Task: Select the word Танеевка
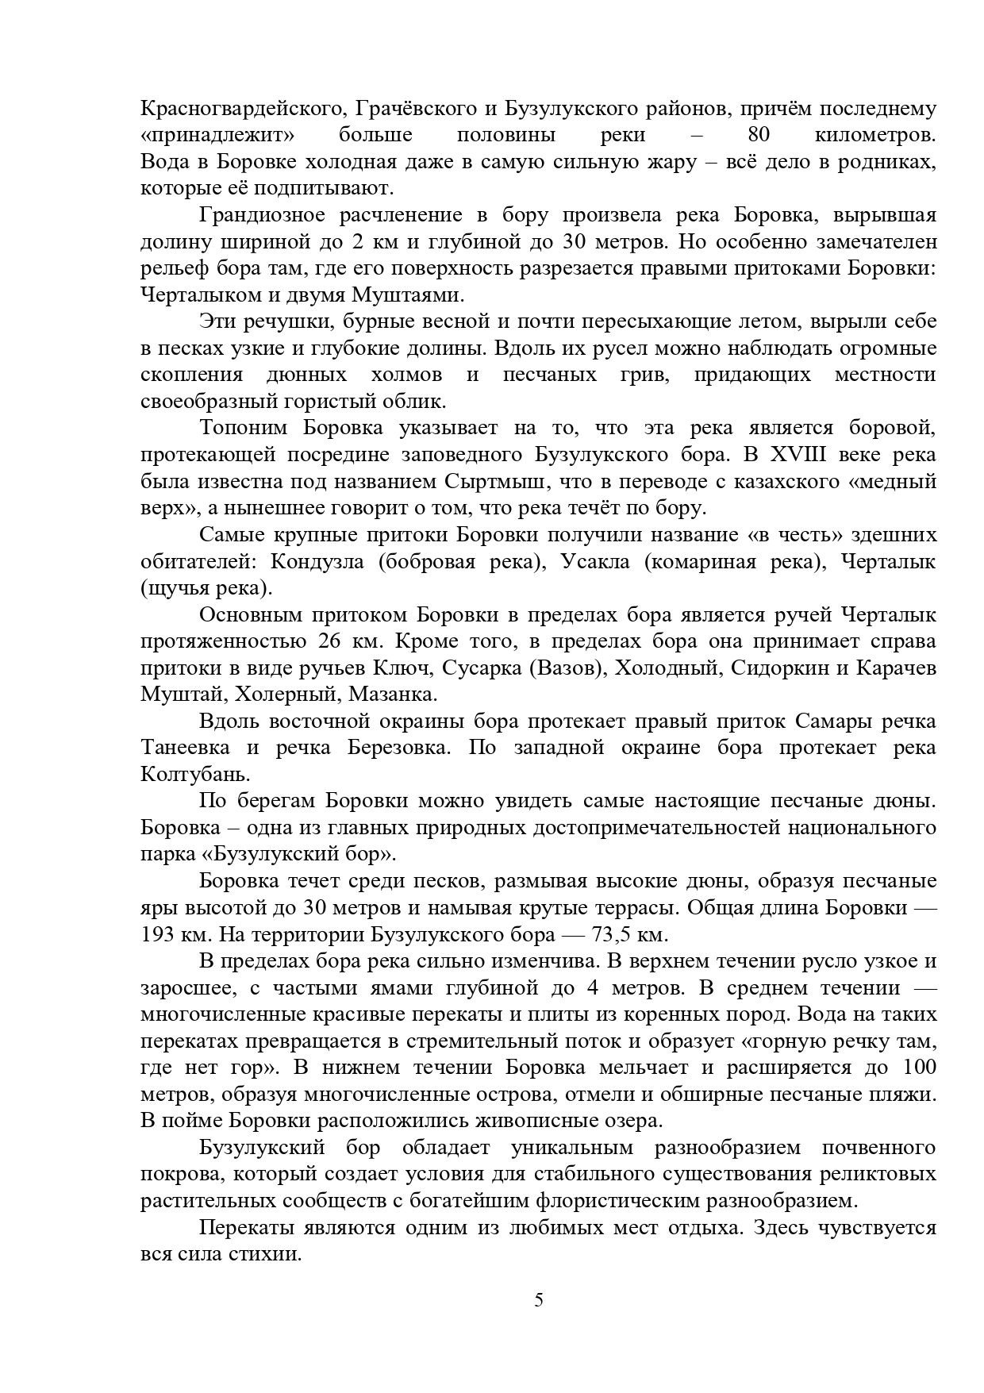pos(185,748)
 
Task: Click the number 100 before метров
pos(920,1068)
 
